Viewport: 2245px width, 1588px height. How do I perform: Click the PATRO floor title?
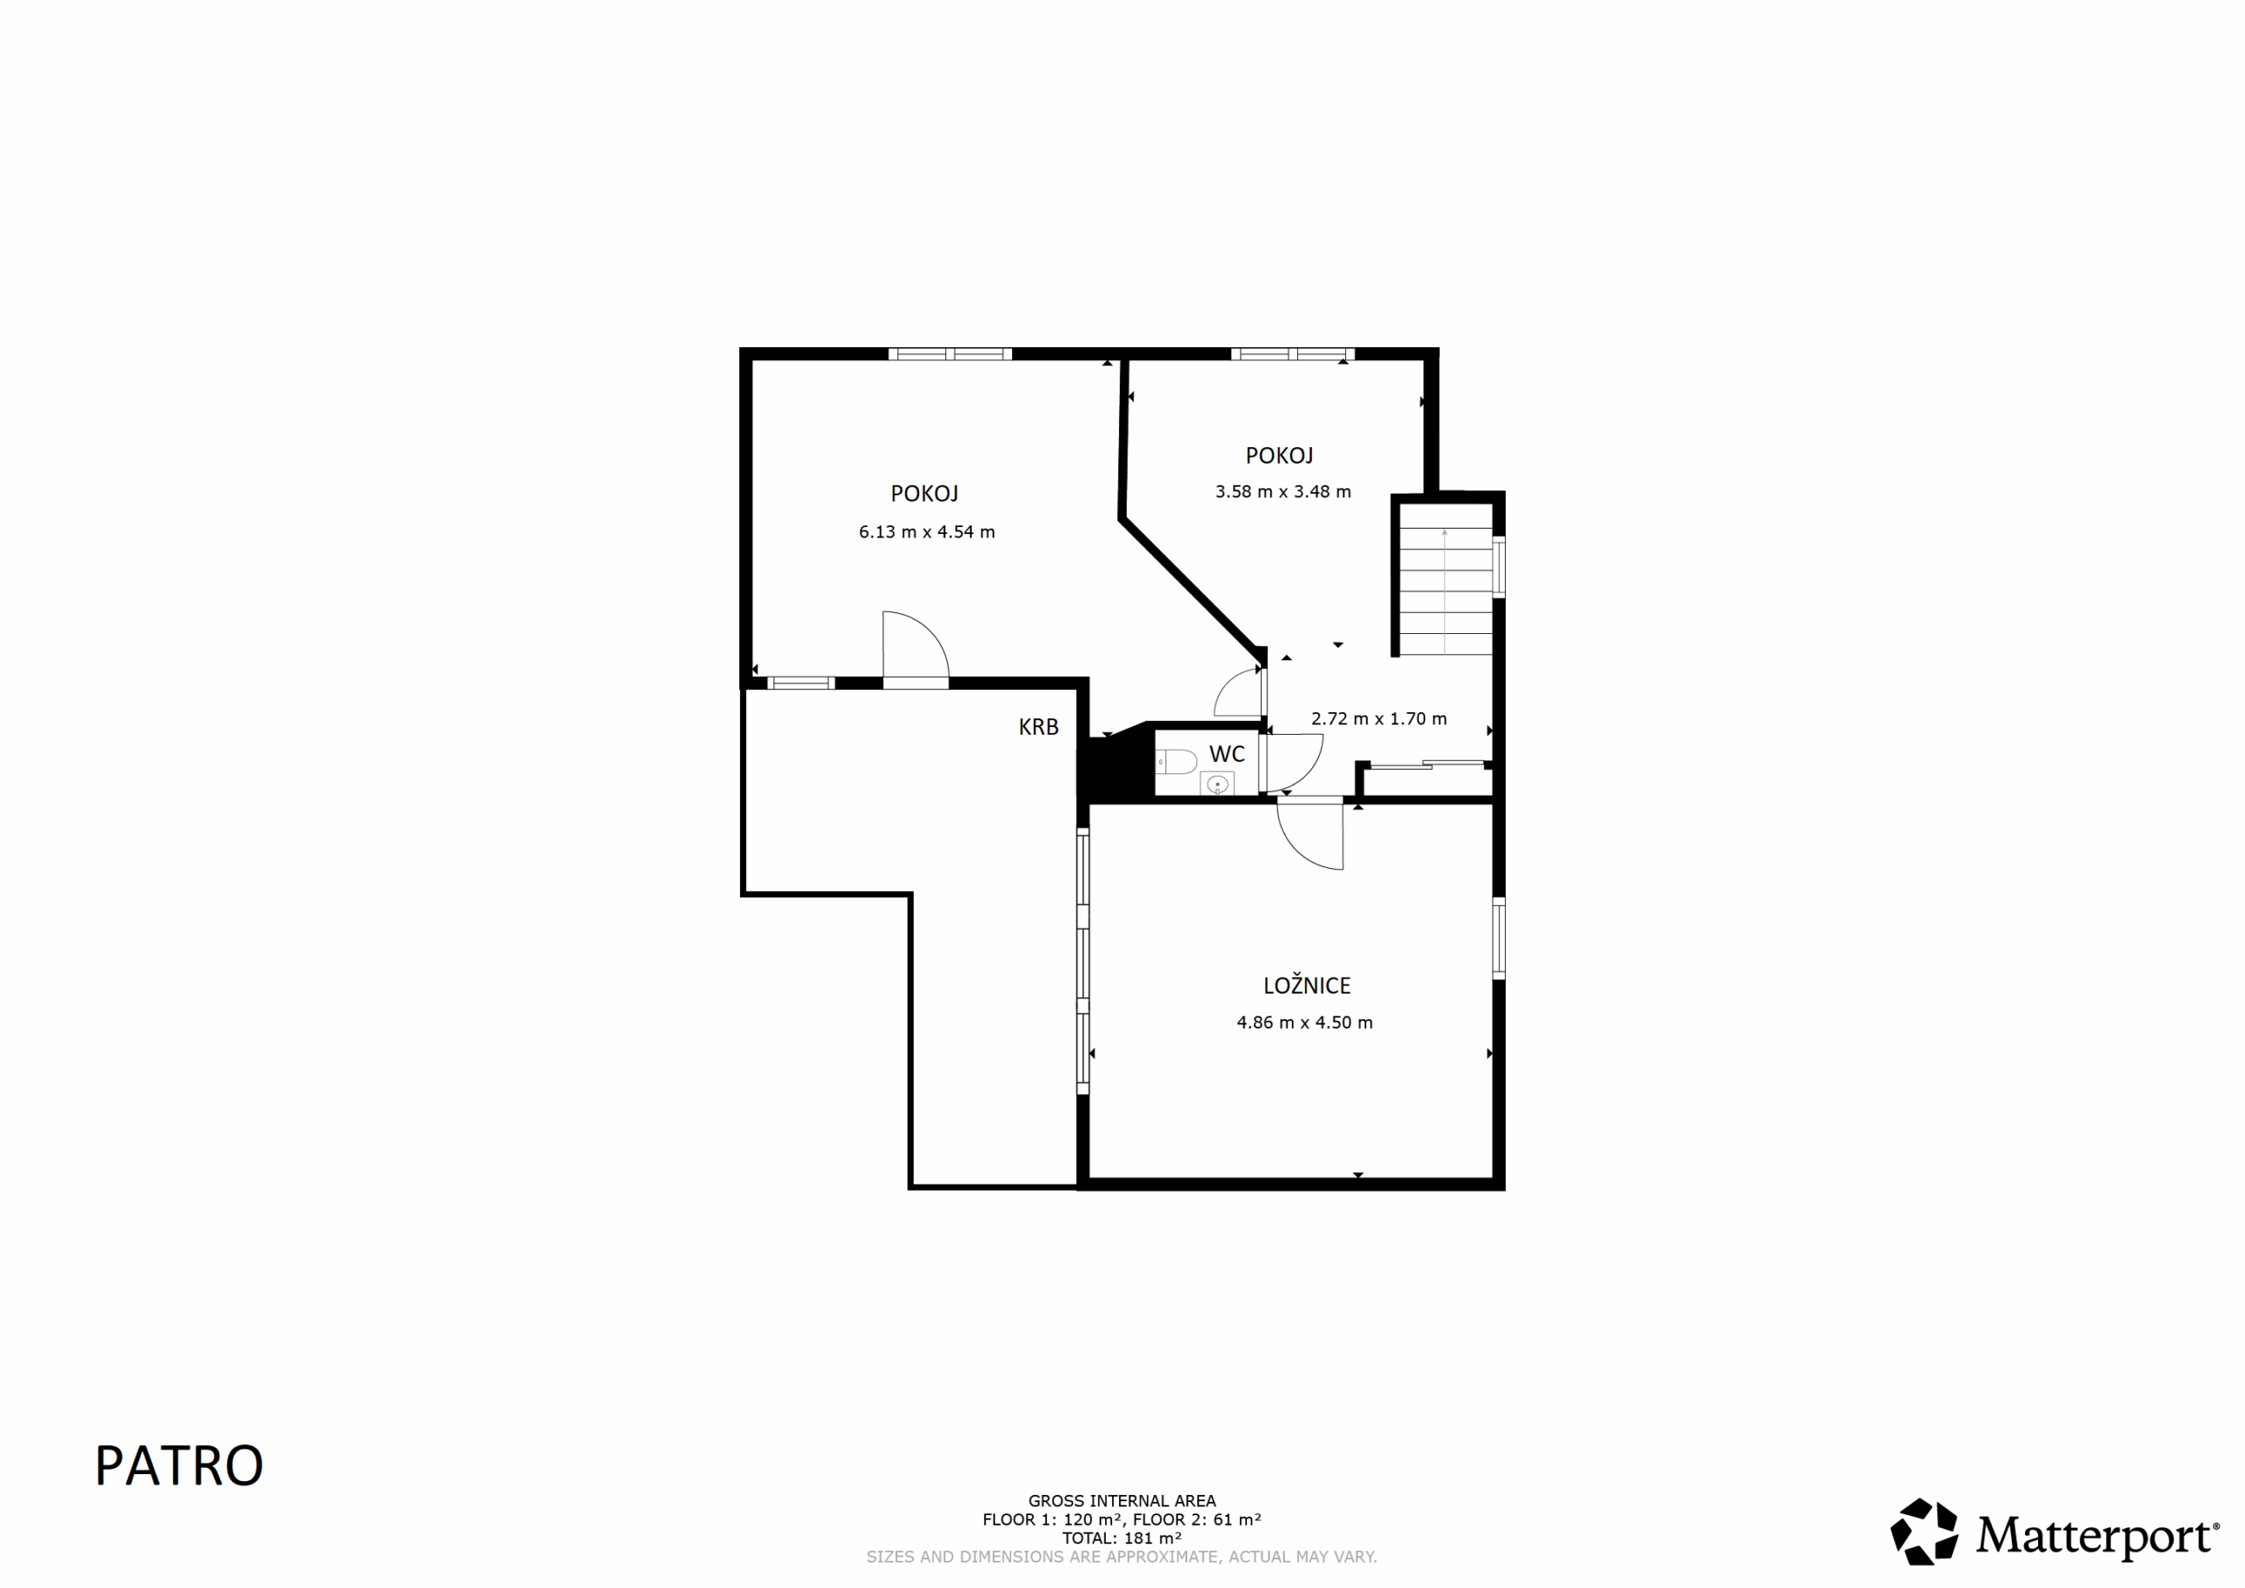point(179,1466)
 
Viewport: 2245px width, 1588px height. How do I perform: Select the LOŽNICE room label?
point(1307,986)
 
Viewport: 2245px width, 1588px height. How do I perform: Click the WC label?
point(1227,754)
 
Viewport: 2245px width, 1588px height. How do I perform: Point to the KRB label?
point(1038,727)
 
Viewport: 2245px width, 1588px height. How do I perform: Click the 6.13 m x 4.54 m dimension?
point(927,532)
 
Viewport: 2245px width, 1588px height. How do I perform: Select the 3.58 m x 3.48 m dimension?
point(1283,492)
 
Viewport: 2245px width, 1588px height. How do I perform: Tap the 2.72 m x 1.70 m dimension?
point(1379,719)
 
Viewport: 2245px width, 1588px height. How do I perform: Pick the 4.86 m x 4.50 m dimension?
point(1304,1022)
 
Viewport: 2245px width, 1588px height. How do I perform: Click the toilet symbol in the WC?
point(1176,761)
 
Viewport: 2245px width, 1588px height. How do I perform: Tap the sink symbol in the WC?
point(1217,783)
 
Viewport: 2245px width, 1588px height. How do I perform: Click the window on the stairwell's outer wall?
point(1498,566)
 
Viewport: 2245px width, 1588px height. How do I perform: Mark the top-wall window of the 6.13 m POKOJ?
point(950,354)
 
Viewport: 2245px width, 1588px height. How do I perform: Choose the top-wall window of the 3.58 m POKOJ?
point(1293,354)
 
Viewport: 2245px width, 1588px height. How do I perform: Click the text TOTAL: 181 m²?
point(1122,1538)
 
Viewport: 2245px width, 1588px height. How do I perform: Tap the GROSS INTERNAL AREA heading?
point(1122,1501)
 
